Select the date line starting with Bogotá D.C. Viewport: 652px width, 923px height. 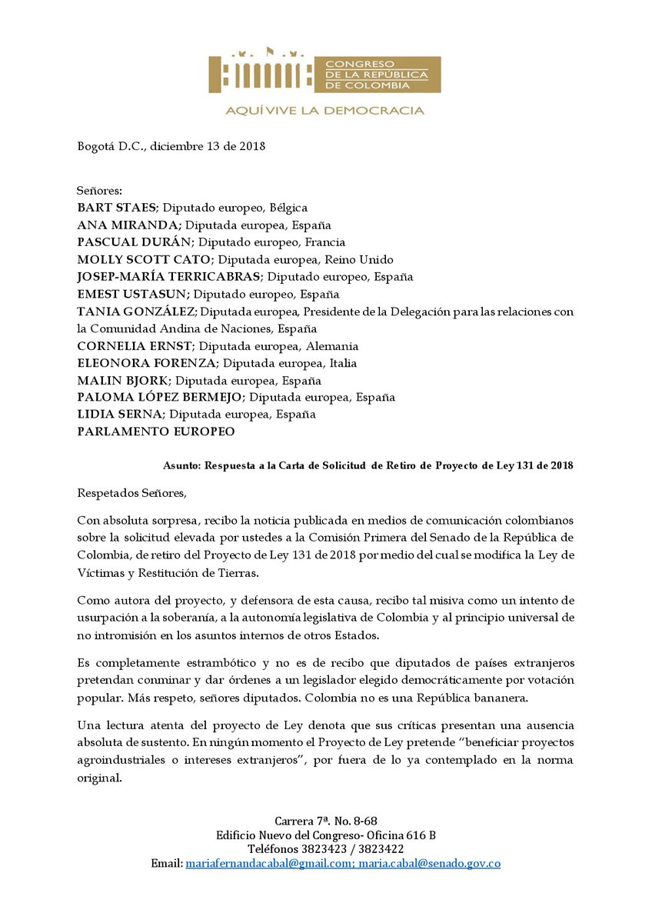click(x=171, y=147)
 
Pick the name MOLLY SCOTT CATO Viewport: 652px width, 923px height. click(x=135, y=259)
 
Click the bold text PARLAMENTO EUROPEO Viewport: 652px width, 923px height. click(x=155, y=432)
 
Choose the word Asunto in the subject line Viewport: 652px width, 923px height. click(x=183, y=465)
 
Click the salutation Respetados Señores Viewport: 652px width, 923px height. click(x=131, y=491)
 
